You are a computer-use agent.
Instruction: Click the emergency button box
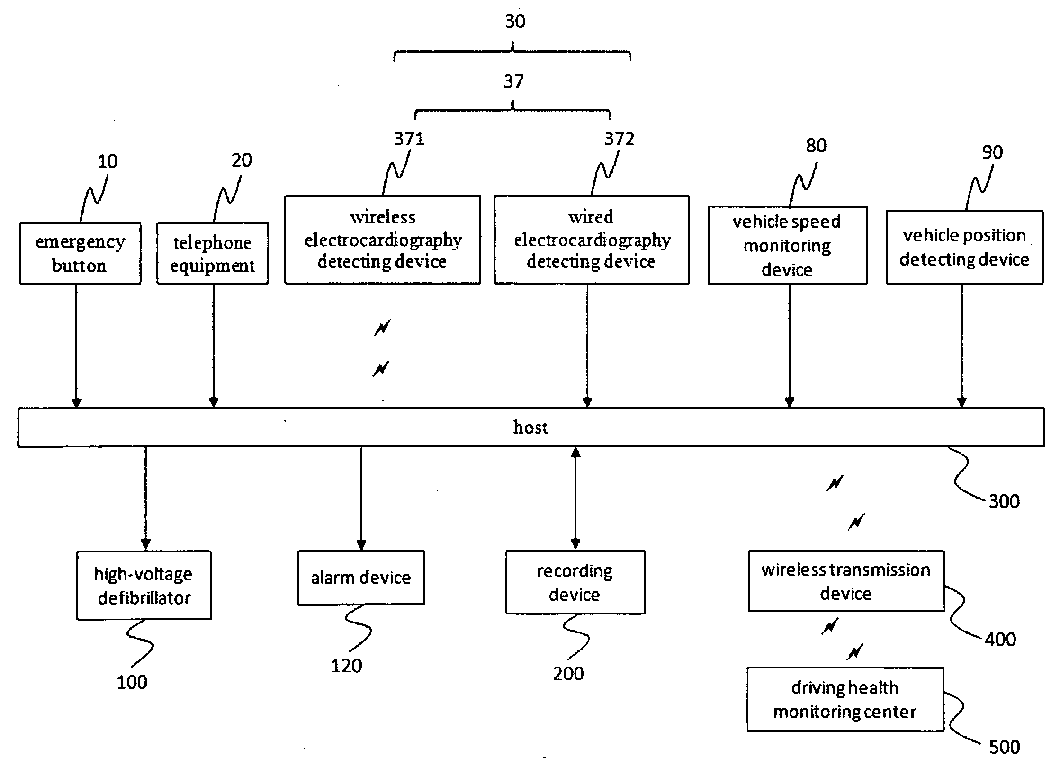click(x=80, y=253)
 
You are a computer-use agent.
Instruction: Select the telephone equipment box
click(x=213, y=253)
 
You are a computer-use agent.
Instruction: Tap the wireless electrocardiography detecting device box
click(x=383, y=240)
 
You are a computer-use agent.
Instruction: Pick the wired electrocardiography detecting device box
click(x=592, y=240)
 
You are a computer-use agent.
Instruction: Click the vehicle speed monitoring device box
click(x=788, y=245)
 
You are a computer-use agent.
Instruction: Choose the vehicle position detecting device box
click(x=964, y=247)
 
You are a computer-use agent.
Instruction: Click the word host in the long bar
click(x=530, y=428)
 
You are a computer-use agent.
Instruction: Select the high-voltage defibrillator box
click(x=144, y=585)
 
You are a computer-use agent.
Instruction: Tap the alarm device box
click(x=361, y=578)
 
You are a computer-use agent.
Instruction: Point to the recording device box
click(x=575, y=582)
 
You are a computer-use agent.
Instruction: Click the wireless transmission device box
click(x=846, y=581)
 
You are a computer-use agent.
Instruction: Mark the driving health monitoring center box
click(x=845, y=700)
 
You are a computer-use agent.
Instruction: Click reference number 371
click(x=409, y=139)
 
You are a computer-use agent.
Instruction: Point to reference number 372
click(x=619, y=139)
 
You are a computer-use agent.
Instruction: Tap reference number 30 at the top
click(x=515, y=21)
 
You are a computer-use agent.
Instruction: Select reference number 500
click(x=1005, y=747)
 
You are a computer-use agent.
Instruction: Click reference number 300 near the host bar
click(x=1004, y=501)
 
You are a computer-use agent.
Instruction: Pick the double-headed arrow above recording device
click(x=575, y=499)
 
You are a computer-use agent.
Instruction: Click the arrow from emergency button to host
click(x=76, y=346)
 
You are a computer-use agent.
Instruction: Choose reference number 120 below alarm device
click(x=346, y=666)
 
